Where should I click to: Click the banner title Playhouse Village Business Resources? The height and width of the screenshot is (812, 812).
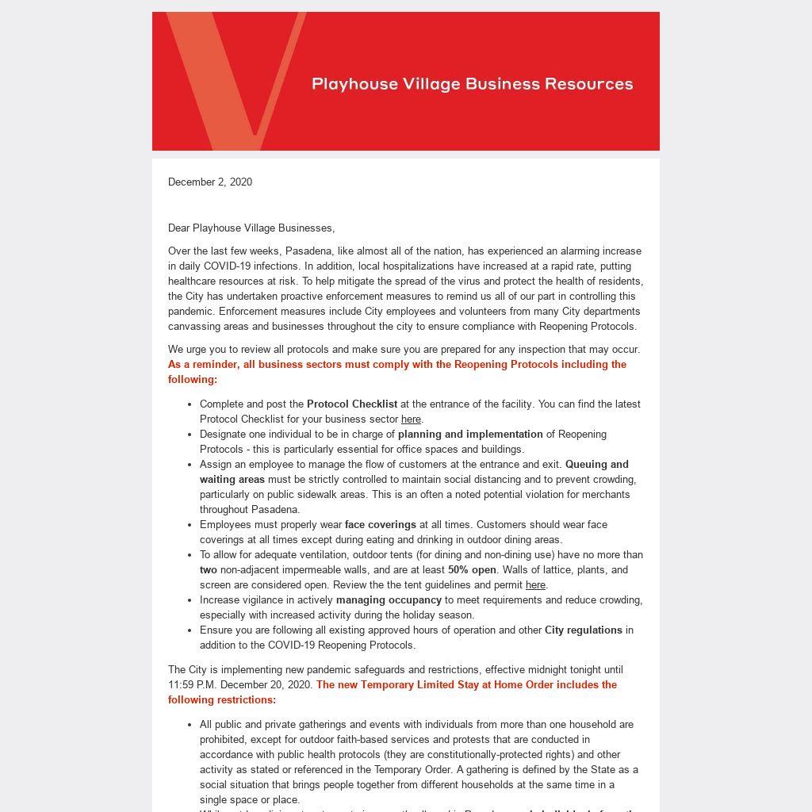473,84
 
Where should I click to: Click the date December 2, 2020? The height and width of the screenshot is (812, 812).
210,182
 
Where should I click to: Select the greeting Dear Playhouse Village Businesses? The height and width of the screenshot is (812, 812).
251,228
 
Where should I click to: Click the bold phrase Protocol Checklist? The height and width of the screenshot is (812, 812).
352,404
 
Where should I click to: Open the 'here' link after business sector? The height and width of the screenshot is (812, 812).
411,419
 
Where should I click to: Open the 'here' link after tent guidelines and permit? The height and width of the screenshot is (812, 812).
535,584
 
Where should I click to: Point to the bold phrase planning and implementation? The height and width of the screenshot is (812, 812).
470,434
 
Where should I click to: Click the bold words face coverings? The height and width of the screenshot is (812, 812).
380,524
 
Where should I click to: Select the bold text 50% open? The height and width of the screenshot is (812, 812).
472,569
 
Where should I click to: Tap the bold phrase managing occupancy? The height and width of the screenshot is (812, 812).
389,599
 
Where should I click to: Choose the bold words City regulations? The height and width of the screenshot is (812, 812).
583,630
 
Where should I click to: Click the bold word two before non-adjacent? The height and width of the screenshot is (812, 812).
208,569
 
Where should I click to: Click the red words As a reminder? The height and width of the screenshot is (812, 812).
203,364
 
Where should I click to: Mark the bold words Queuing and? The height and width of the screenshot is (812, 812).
596,464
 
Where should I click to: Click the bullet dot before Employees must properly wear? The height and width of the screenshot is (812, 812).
190,524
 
